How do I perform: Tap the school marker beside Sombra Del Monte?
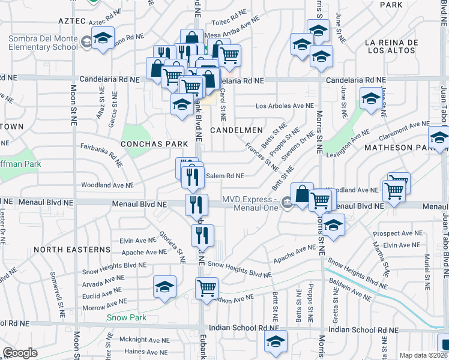103,39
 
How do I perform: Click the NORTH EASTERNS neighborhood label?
72,249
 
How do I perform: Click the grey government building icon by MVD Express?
286,205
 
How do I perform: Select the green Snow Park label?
125,317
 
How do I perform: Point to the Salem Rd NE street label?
224,176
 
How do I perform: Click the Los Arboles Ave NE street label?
285,106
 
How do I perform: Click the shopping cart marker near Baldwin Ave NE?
207,287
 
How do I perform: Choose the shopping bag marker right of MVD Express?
303,193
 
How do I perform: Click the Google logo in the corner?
20,353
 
